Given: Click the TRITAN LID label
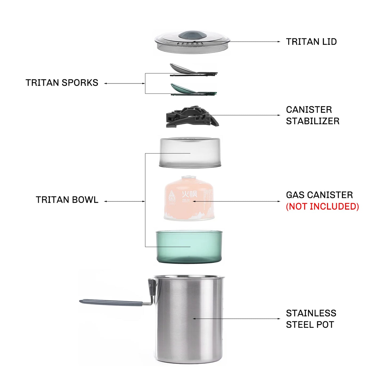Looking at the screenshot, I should pos(311,42).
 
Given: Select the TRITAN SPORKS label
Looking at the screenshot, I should pos(62,83).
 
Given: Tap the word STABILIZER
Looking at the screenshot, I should pos(313,121).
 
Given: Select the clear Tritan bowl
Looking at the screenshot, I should pos(190,152).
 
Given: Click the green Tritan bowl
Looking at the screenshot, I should pos(189,246).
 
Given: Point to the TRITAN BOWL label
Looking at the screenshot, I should pos(67,200).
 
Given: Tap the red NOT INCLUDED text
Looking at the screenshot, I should pos(322,206).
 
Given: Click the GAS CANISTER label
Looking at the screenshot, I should pos(319,195).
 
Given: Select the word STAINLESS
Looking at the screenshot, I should pos(311,313).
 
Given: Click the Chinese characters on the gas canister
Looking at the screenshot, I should pos(189,194).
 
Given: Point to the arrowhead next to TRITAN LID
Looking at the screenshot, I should pos(279,42).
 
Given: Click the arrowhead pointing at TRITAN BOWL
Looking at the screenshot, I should pos(106,201).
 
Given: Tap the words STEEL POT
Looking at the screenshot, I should pos(310,325).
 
